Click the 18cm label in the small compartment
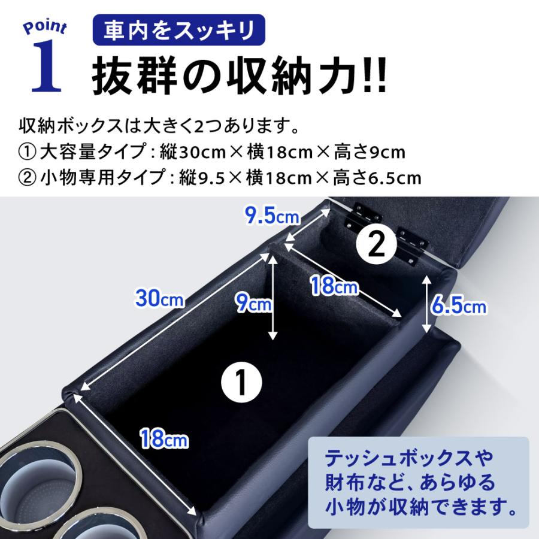[334, 286]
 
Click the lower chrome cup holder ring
[99, 524]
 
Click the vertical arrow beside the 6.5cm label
[426, 304]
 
